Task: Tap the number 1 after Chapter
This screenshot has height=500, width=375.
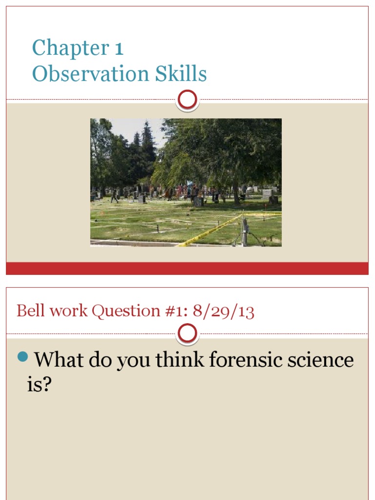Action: click(119, 48)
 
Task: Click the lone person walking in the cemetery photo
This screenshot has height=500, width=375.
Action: click(114, 196)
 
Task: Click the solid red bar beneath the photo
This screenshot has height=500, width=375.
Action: click(187, 268)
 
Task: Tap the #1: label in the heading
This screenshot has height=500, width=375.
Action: click(176, 311)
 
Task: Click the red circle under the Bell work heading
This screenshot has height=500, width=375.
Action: click(187, 334)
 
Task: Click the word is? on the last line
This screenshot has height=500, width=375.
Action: click(39, 385)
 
